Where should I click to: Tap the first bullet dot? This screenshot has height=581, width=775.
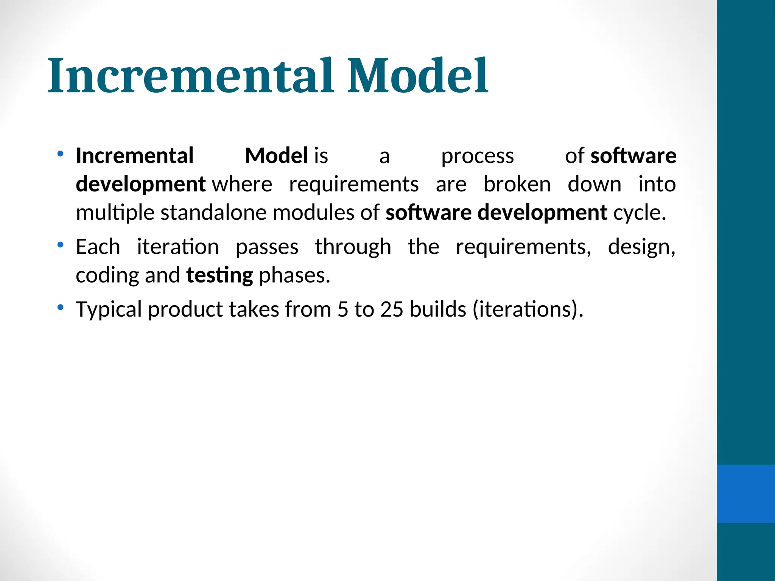pos(60,154)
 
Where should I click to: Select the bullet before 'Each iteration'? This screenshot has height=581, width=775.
pos(60,245)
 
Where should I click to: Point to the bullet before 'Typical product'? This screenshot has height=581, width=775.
pos(60,308)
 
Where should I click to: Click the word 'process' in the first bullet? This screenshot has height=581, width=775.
pos(478,156)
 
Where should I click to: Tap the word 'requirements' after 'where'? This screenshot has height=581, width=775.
pos(354,185)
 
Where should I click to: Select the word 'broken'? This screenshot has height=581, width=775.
pos(517,185)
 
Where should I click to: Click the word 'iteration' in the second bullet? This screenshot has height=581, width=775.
pos(178,247)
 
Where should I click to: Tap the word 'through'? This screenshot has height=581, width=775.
pos(353,248)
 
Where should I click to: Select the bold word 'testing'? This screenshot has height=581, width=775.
pos(219,276)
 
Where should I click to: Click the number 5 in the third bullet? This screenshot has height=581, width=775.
pos(342,309)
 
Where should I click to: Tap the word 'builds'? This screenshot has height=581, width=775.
pos(438,309)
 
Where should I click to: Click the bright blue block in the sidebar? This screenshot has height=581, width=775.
pos(745,494)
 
